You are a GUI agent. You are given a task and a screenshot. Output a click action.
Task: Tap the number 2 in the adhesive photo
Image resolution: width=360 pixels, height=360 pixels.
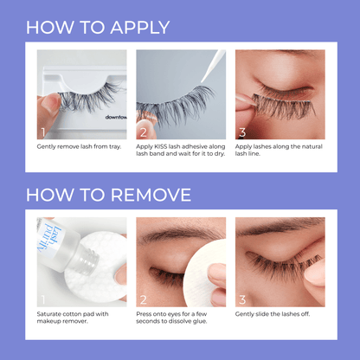click(x=144, y=132)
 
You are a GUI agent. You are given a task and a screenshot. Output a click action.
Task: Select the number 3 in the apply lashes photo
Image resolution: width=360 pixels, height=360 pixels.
click(x=243, y=132)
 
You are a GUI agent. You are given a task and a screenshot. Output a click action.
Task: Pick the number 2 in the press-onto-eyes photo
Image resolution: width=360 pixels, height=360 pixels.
click(x=144, y=299)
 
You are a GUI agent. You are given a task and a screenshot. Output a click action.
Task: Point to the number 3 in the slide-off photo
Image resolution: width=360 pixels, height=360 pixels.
click(x=243, y=299)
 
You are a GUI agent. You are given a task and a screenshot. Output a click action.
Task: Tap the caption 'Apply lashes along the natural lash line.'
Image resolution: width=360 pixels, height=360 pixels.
click(x=279, y=151)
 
